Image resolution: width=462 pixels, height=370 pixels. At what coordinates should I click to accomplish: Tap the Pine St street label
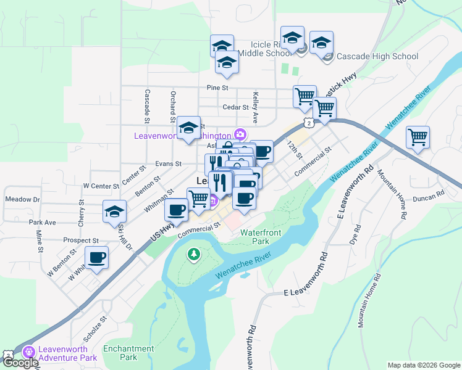click(218, 88)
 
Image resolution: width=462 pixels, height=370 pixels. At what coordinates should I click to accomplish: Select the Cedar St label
click(235, 107)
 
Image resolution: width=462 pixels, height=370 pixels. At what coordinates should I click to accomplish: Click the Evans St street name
click(168, 164)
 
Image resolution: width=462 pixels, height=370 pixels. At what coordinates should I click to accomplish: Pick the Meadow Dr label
click(22, 199)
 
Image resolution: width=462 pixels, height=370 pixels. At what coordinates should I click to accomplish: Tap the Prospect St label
click(81, 240)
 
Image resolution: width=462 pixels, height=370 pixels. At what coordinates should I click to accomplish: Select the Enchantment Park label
click(128, 353)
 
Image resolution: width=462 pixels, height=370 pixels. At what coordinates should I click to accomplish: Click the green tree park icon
click(194, 254)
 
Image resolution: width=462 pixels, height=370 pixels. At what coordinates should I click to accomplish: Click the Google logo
click(20, 363)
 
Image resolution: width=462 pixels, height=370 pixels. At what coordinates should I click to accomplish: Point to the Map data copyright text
click(423, 365)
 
